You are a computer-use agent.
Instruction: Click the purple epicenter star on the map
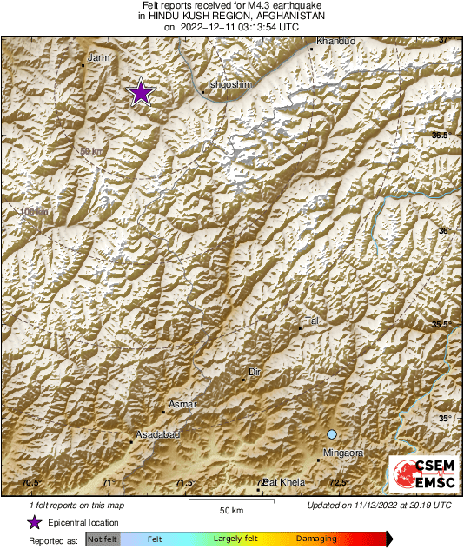pos(141,92)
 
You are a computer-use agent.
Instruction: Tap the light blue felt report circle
pos(331,434)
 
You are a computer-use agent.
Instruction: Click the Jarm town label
pos(101,56)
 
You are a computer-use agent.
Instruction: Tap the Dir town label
pos(255,372)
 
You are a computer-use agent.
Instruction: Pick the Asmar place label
pos(183,404)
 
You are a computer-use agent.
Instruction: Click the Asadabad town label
pos(156,433)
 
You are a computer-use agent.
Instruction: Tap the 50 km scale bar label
pos(229,511)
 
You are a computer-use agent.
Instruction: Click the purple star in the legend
pos(34,522)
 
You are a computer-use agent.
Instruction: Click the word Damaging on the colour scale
pos(316,539)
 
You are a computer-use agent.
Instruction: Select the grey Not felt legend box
pos(102,539)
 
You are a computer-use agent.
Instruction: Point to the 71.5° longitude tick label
pos(183,482)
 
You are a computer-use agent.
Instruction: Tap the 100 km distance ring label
pos(35,212)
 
